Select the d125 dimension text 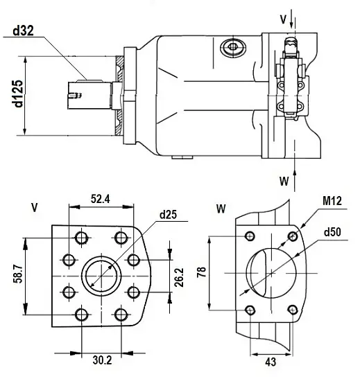tap(19, 95)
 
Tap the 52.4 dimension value tap(101, 199)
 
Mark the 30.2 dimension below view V tap(101, 360)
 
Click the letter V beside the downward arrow tap(283, 19)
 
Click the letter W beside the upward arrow tap(283, 182)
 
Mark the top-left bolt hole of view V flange tap(82, 238)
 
